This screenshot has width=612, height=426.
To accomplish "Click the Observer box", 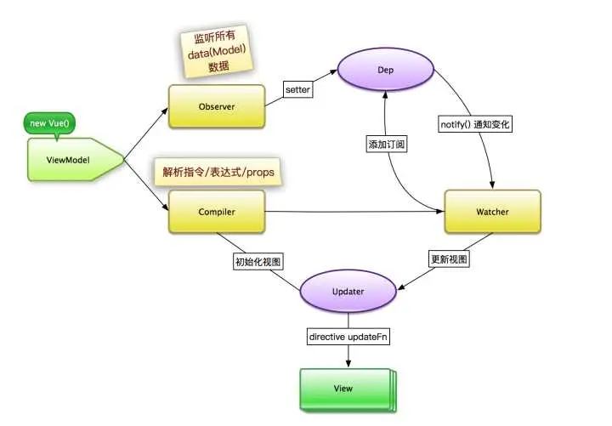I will [x=216, y=106].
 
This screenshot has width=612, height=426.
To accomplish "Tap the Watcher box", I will [x=492, y=211].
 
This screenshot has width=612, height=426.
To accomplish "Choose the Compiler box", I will [x=216, y=211].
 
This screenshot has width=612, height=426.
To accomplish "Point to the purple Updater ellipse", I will [x=347, y=292].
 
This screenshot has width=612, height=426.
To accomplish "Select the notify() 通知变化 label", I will [x=476, y=124].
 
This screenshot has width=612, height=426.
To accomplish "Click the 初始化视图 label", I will [x=258, y=261].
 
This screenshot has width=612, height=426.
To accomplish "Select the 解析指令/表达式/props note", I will [x=218, y=171].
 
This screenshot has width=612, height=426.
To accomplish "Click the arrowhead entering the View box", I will [x=347, y=364].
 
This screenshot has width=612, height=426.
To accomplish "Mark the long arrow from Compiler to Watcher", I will [x=357, y=213].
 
